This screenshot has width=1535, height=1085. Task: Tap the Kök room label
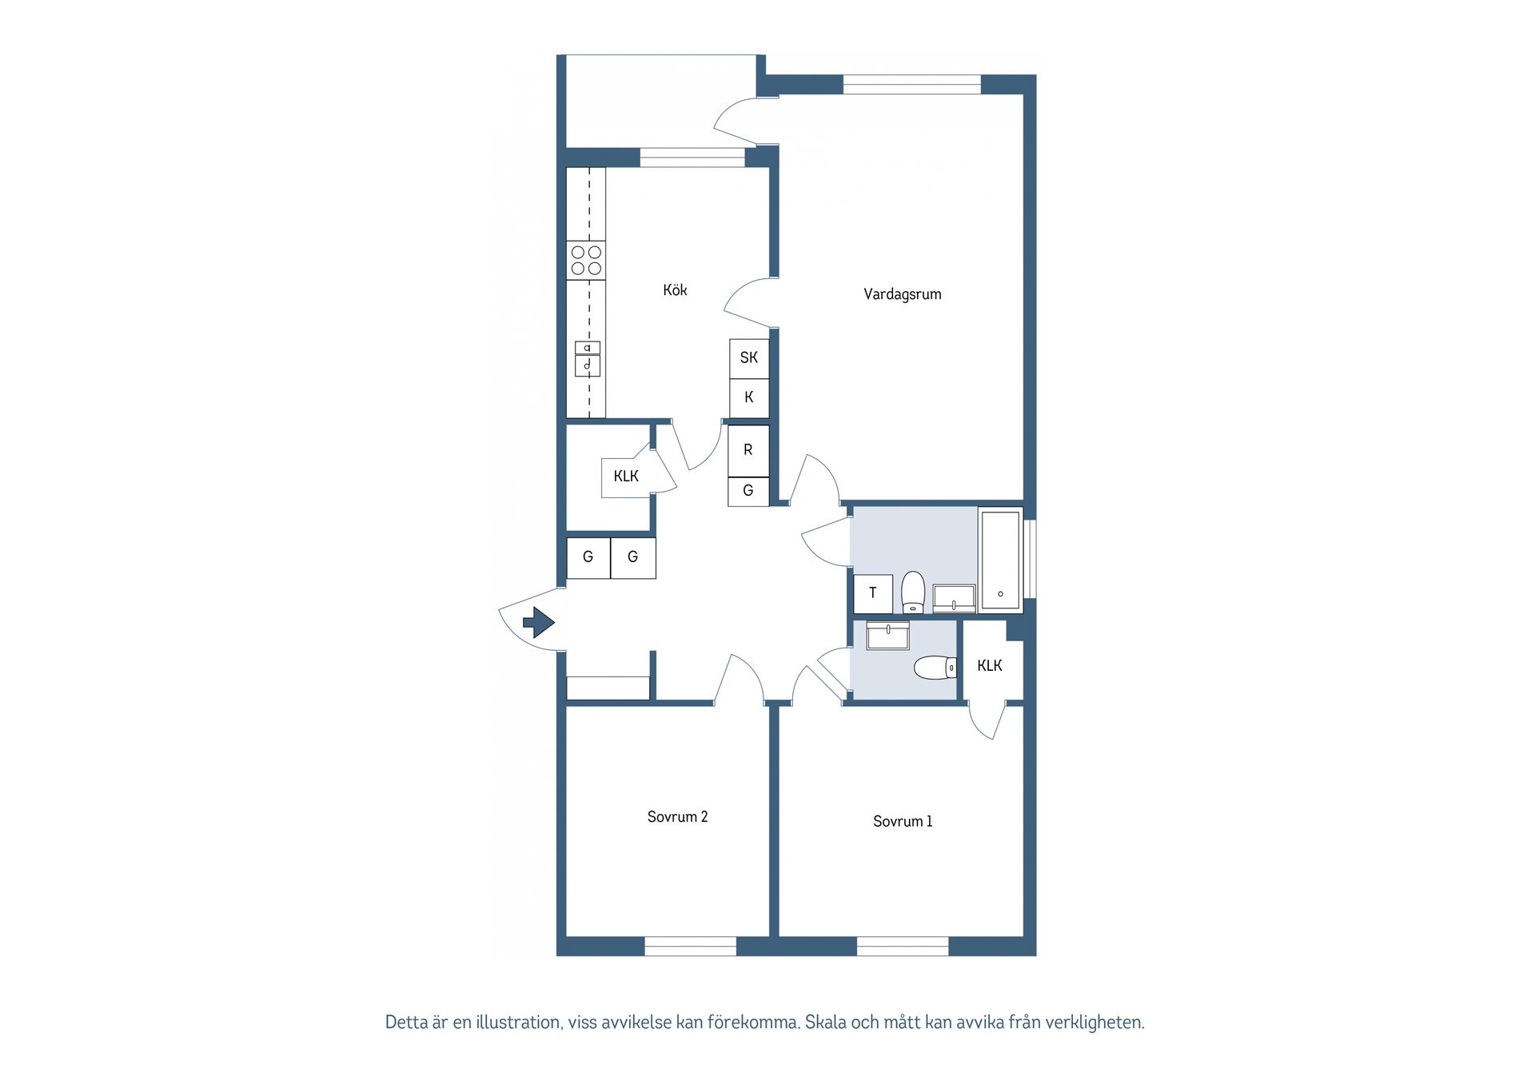coord(675,290)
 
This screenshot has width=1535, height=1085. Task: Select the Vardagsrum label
coord(902,294)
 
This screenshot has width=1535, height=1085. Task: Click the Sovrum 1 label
coord(902,821)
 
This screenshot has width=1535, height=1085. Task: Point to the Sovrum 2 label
coord(677,816)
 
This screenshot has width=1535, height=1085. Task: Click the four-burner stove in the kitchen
coord(586,261)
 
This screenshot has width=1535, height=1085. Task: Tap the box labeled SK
coord(749,358)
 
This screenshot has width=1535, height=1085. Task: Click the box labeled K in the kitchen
coord(749,397)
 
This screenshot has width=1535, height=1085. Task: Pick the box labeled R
coord(748,450)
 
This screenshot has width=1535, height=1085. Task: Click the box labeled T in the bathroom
coord(873,593)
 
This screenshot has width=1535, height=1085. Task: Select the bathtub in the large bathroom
coord(1000,560)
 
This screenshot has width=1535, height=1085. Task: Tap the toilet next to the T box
coord(913,592)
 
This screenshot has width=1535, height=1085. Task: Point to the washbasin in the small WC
coord(887,636)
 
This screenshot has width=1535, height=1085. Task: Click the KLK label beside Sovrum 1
coord(990,665)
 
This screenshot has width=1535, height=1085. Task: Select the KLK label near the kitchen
coord(626,477)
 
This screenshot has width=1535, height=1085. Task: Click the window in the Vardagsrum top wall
coord(911,84)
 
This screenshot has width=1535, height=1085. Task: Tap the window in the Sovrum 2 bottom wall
coord(690,947)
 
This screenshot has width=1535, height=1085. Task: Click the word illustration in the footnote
coord(517,1022)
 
